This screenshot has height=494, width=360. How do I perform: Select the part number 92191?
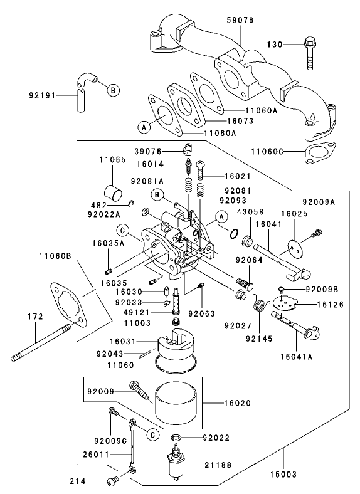43,95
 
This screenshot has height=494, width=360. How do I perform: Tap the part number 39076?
148,151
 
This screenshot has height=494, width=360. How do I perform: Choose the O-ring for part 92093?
233,233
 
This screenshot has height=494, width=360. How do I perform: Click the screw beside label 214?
114,481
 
